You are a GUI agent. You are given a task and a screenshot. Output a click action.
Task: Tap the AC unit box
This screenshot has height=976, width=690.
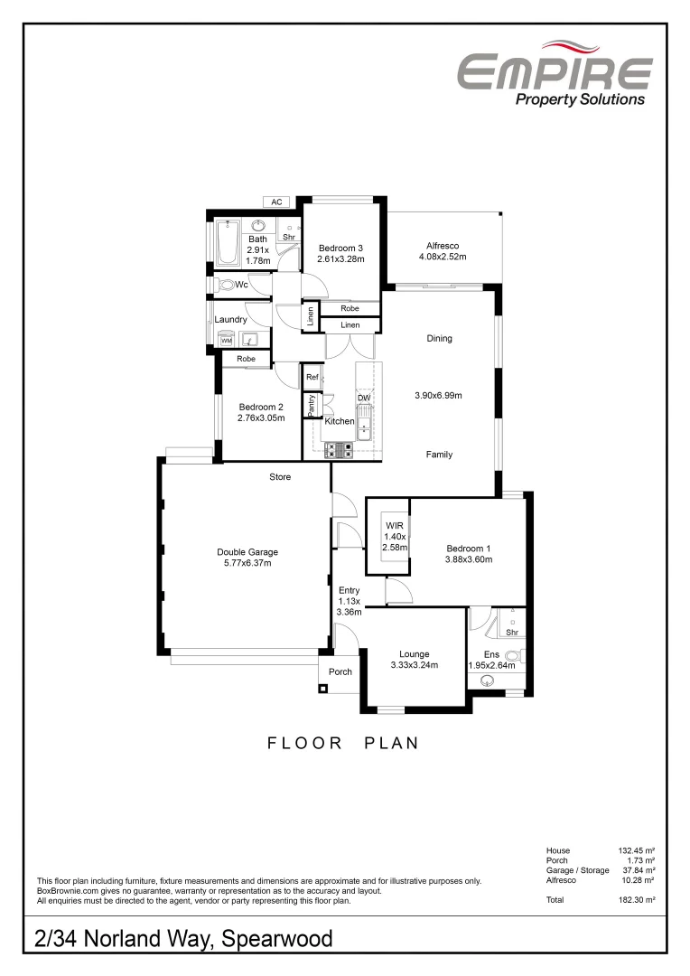coord(277,202)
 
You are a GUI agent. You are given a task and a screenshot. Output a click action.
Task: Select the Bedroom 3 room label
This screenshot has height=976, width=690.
coord(340,249)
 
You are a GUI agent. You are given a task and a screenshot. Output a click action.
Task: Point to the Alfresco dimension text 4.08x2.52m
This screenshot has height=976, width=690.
coord(443,258)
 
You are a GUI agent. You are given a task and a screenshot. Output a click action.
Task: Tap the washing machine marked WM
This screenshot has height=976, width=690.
coord(227,340)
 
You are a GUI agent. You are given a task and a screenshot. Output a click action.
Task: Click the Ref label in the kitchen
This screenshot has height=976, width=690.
coord(312,377)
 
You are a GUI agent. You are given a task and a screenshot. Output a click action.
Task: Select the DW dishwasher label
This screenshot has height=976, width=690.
coord(364,398)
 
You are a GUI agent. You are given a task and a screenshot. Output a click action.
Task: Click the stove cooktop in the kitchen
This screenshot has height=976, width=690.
coord(338,447)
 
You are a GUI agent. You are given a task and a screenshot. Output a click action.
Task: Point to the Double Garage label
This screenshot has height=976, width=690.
coord(247,552)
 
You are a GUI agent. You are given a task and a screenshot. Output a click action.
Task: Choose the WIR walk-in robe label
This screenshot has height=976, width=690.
coord(395,525)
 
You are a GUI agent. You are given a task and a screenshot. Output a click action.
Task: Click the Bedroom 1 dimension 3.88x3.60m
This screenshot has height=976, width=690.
coord(469,559)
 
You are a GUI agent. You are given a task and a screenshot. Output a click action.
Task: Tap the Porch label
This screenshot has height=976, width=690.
coord(340,671)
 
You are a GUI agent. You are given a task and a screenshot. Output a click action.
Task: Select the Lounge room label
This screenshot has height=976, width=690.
coord(414,654)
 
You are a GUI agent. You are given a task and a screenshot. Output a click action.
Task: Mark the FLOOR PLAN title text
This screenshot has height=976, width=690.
coord(344,744)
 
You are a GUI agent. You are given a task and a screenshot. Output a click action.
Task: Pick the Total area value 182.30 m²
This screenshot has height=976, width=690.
coord(636,900)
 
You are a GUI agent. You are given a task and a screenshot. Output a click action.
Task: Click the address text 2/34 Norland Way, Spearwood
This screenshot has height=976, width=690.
coord(183,938)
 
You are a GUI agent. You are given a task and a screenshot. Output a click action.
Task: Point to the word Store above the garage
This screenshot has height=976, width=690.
coord(280,476)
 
